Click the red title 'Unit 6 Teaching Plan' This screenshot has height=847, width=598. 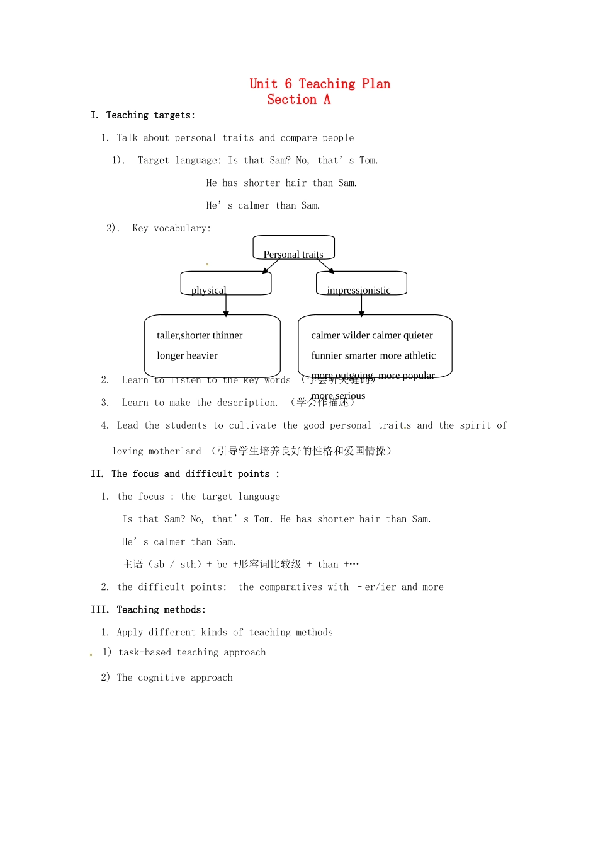pyautogui.click(x=320, y=84)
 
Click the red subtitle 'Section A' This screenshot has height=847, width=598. pyautogui.click(x=298, y=100)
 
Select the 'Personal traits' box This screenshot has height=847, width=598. pyautogui.click(x=293, y=247)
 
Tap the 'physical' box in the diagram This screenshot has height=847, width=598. pyautogui.click(x=225, y=283)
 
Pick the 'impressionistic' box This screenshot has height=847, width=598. pyautogui.click(x=361, y=283)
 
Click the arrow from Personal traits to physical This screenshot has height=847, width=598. pyautogui.click(x=271, y=266)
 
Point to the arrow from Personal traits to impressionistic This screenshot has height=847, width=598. pyautogui.click(x=326, y=266)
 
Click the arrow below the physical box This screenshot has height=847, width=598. pyautogui.click(x=226, y=305)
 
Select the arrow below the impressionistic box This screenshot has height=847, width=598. pyautogui.click(x=361, y=305)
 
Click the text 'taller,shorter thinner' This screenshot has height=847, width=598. pyautogui.click(x=200, y=335)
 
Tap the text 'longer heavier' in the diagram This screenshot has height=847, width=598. pyautogui.click(x=187, y=355)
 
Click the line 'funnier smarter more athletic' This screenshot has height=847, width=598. pyautogui.click(x=373, y=355)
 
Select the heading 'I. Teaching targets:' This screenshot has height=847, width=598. pyautogui.click(x=143, y=115)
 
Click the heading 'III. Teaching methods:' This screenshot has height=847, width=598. pyautogui.click(x=148, y=610)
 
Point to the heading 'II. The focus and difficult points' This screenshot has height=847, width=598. pyautogui.click(x=184, y=474)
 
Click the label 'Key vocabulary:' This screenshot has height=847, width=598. pyautogui.click(x=171, y=228)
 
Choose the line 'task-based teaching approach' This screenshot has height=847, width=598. pyautogui.click(x=192, y=653)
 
